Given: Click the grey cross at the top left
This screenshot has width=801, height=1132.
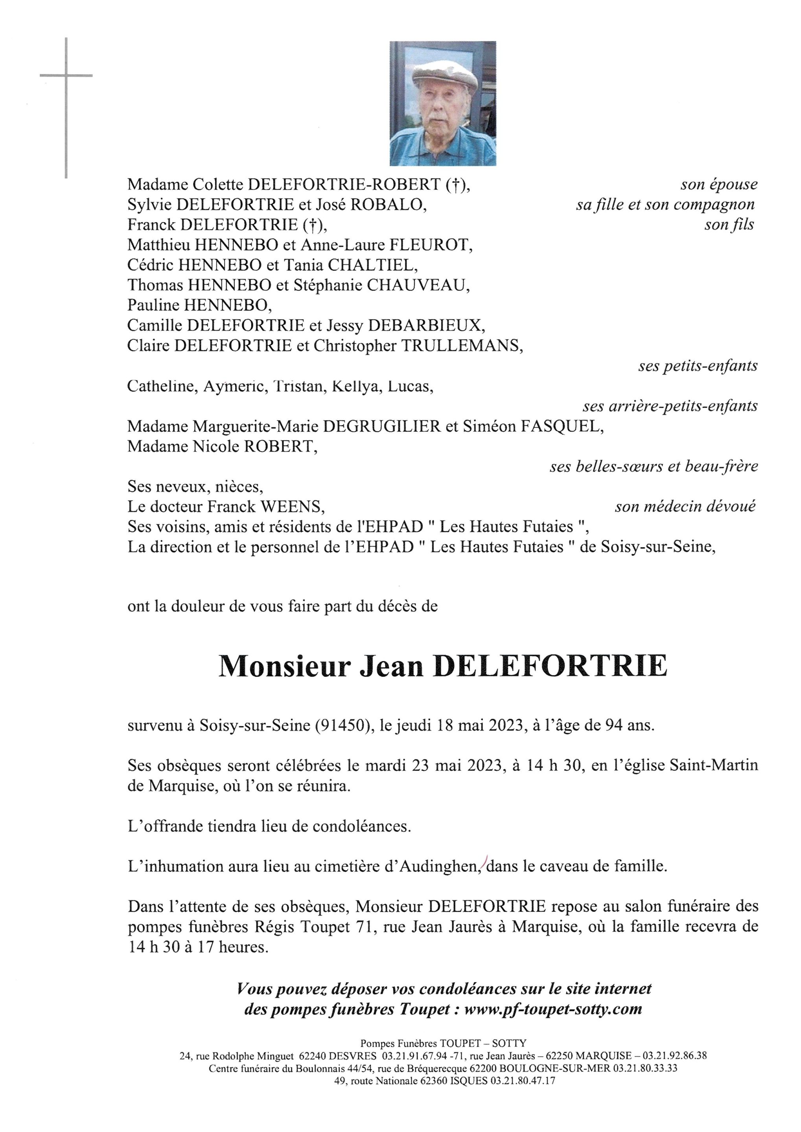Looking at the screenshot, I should tap(66, 76).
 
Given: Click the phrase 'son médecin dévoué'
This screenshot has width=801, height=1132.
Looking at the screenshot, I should tap(685, 507).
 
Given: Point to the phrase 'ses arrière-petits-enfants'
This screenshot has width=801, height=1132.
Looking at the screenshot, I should tap(670, 406).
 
